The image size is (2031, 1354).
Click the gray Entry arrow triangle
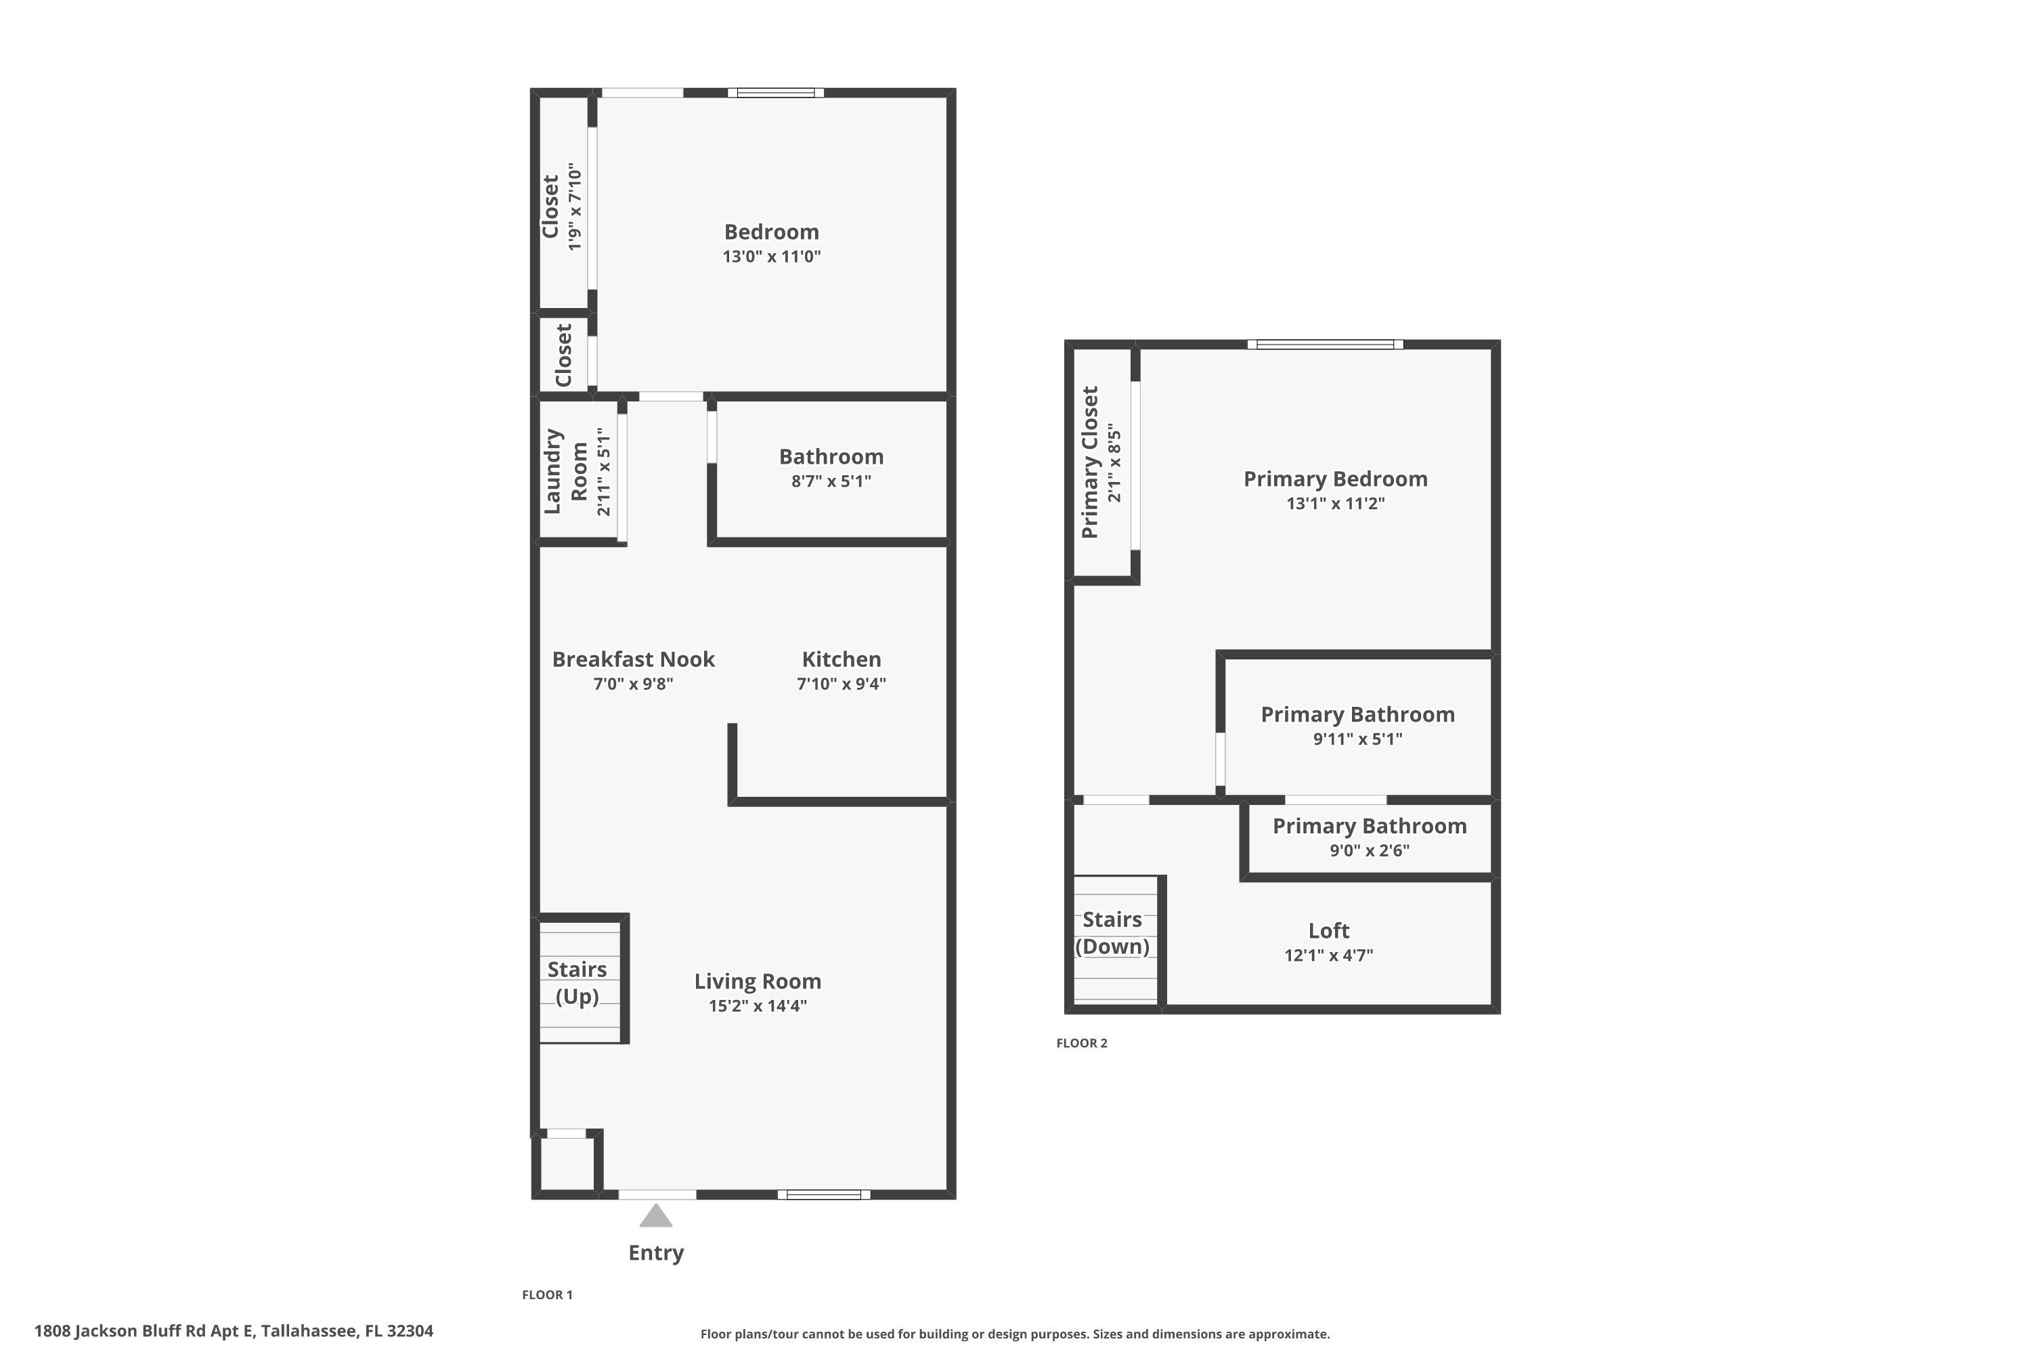tap(655, 1217)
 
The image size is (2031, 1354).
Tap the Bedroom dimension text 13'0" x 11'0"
tap(771, 257)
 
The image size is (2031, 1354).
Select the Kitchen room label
tap(841, 659)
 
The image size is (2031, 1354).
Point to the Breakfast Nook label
tap(633, 659)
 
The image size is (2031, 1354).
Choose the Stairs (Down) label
tap(1112, 933)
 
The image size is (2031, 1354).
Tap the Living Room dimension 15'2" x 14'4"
tap(758, 1006)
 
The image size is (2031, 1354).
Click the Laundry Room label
tap(565, 471)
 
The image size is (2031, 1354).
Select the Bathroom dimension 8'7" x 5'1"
tap(831, 481)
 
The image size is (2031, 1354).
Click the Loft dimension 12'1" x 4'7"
tap(1328, 955)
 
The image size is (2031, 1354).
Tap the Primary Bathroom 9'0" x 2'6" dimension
tap(1369, 850)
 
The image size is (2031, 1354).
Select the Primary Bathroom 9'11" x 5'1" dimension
tap(1357, 739)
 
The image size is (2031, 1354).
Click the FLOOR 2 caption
tap(1081, 1043)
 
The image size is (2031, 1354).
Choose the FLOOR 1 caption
tap(546, 1294)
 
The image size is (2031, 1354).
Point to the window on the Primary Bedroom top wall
tap(1325, 345)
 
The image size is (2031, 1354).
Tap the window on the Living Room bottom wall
tap(823, 1195)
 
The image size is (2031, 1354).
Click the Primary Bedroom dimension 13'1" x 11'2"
tap(1335, 504)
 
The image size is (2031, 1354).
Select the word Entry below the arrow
tap(655, 1253)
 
